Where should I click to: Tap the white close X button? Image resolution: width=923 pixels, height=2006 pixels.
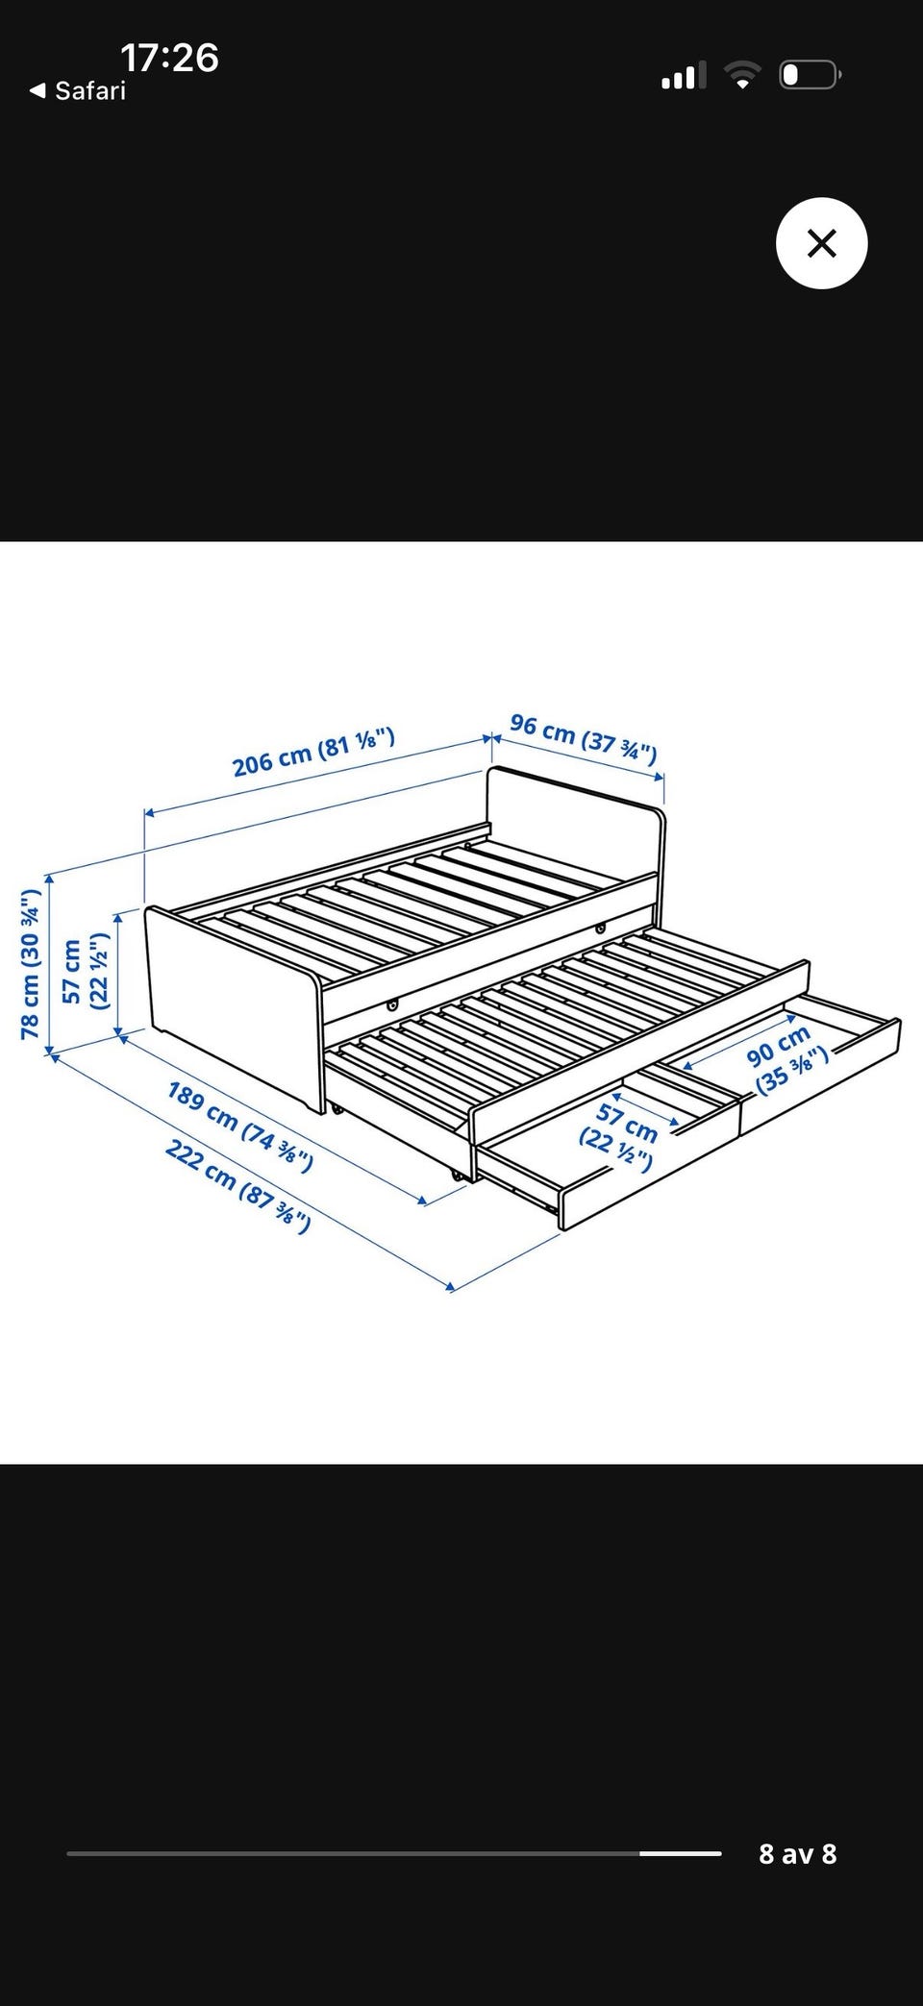tap(821, 243)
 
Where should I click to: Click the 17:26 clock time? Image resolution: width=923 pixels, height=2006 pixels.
tap(170, 58)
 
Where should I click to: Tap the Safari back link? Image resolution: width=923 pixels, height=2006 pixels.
tap(78, 90)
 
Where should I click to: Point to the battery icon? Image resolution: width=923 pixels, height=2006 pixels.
tap(810, 75)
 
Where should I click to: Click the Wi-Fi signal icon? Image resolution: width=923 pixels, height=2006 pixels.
tap(741, 75)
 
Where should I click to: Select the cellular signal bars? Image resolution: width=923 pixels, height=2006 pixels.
tap(684, 75)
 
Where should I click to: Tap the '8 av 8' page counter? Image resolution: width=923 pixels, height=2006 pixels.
tap(798, 1853)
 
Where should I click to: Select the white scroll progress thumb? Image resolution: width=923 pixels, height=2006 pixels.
tap(681, 1852)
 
